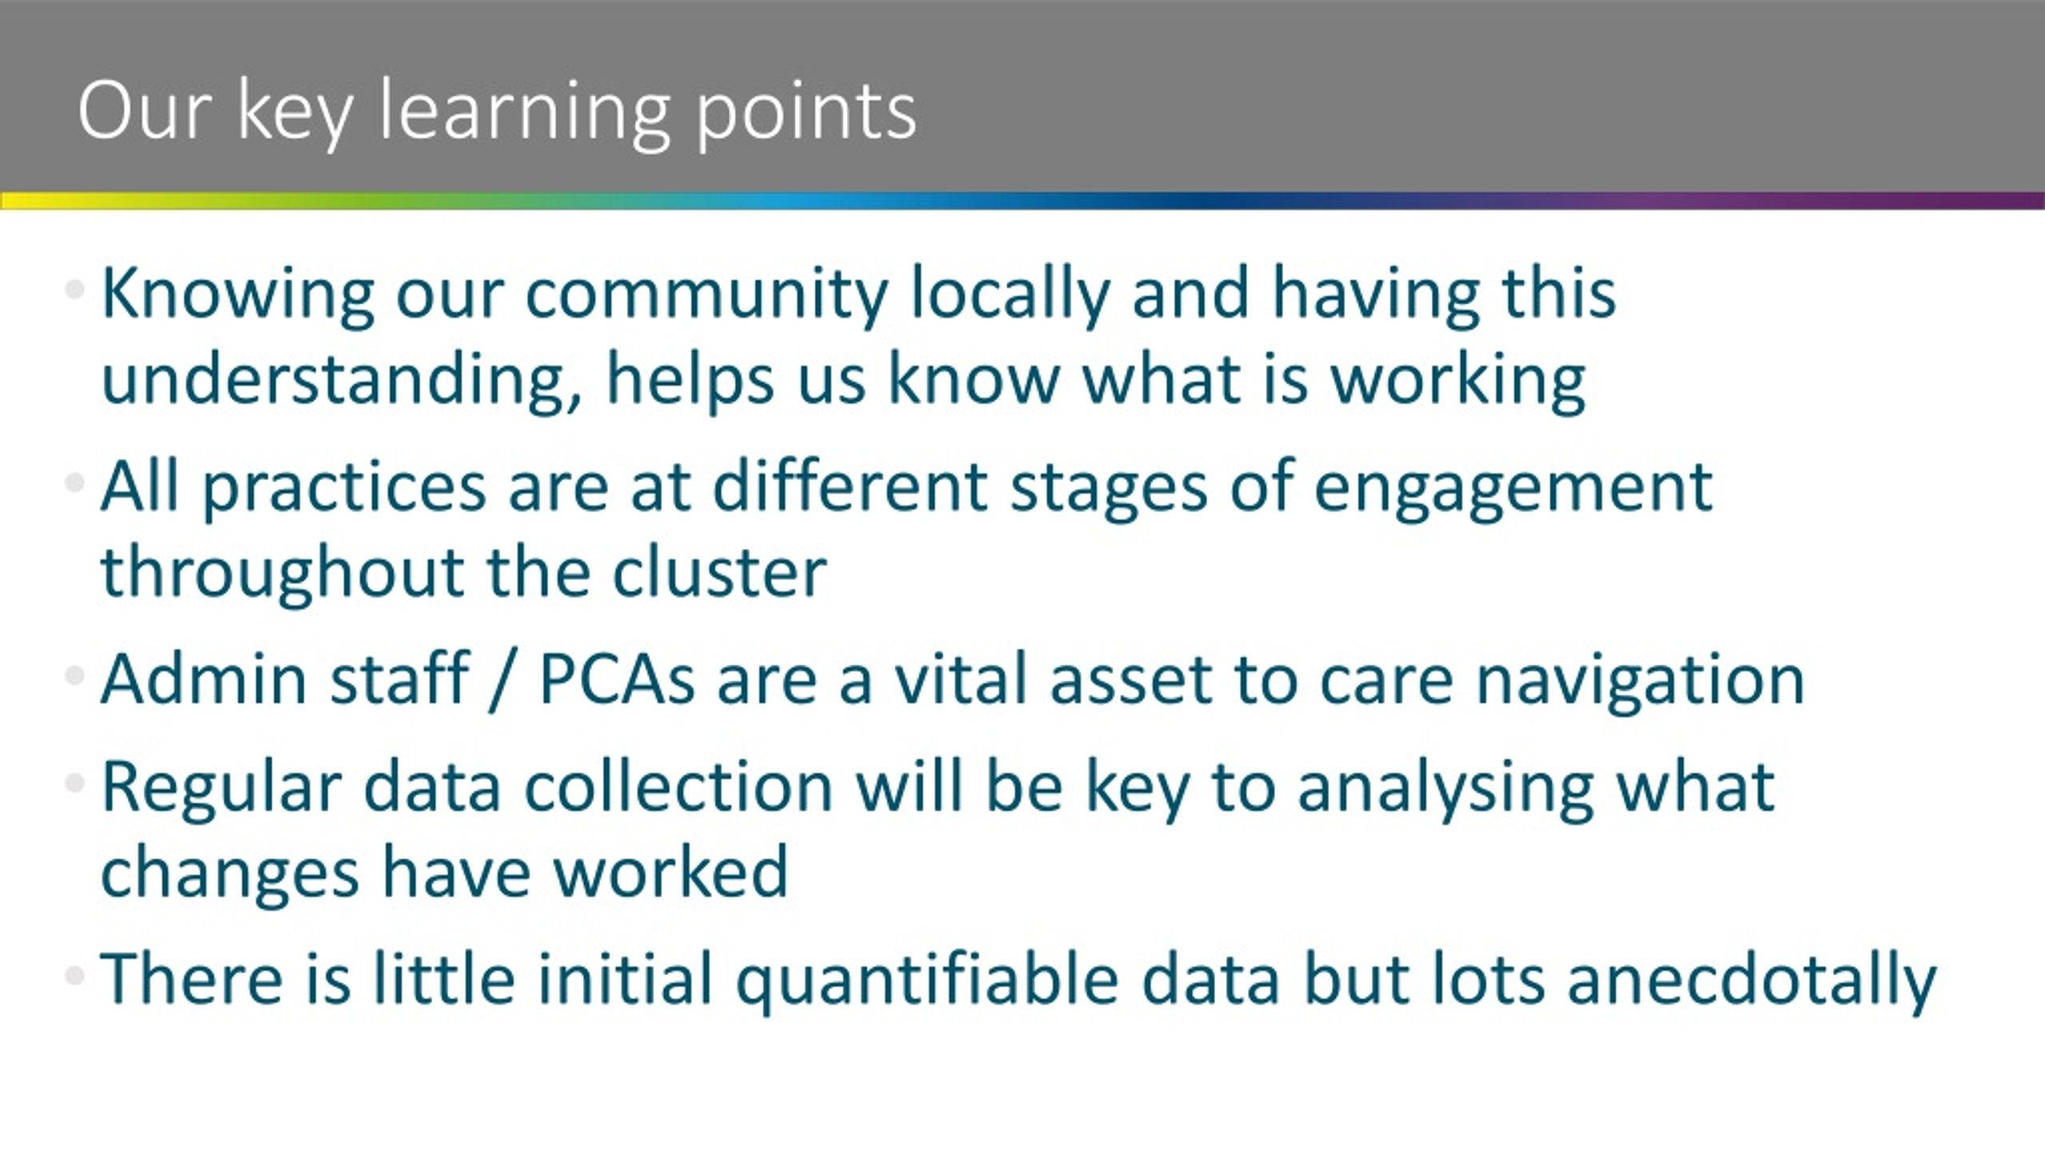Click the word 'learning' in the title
tap(523, 112)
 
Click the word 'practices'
tap(344, 488)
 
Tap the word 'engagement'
tap(1514, 488)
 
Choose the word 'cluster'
tap(719, 572)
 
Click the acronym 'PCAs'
tap(617, 680)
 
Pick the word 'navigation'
tap(1639, 680)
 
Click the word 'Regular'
tap(221, 788)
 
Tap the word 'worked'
tap(671, 871)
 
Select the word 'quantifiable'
tap(927, 980)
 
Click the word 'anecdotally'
tap(1751, 980)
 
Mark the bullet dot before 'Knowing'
tap(75, 289)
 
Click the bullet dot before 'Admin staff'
tap(75, 676)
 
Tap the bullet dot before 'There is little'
tap(75, 975)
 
